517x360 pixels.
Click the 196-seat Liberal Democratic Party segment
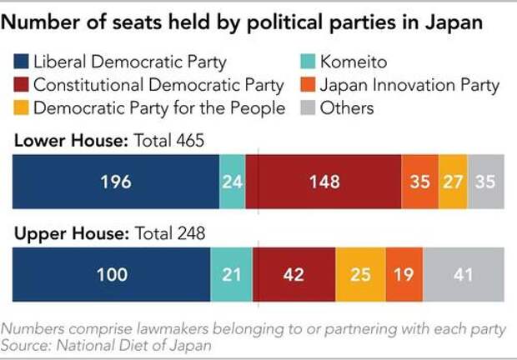click(115, 182)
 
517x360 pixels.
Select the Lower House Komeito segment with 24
click(232, 182)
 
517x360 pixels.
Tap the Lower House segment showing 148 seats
click(323, 182)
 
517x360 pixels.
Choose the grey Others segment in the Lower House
click(486, 182)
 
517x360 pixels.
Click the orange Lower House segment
click(419, 182)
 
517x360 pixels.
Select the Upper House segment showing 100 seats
click(111, 275)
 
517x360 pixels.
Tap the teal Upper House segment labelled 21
click(231, 275)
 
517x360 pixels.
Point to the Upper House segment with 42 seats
click(294, 275)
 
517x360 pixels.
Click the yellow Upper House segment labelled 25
click(360, 275)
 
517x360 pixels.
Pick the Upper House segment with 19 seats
click(404, 275)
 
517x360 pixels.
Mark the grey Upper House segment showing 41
click(464, 275)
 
